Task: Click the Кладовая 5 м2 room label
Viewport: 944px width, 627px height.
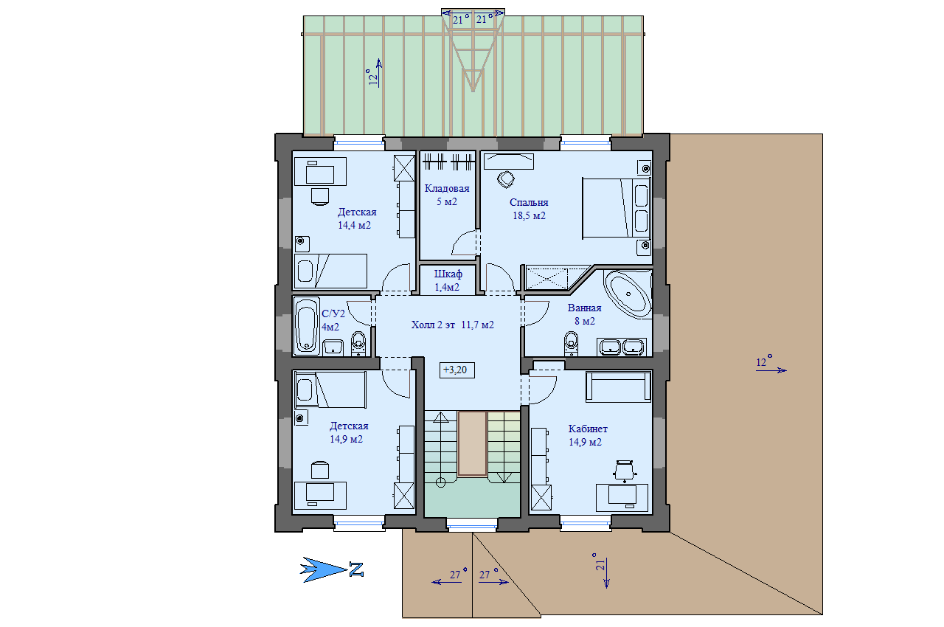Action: pyautogui.click(x=447, y=195)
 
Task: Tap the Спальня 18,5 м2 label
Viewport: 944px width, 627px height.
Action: pyautogui.click(x=529, y=209)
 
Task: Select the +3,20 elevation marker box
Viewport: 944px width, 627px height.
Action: pyautogui.click(x=457, y=370)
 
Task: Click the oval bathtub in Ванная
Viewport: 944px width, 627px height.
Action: pyautogui.click(x=628, y=294)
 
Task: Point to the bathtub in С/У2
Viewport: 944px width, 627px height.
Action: pyautogui.click(x=306, y=326)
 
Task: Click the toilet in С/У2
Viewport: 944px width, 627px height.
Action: pyautogui.click(x=358, y=343)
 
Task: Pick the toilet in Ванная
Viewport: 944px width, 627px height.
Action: pyautogui.click(x=571, y=343)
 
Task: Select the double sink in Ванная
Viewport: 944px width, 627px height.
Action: pyautogui.click(x=622, y=347)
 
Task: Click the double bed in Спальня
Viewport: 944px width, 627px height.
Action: pyautogui.click(x=617, y=208)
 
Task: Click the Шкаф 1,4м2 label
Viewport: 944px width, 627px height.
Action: pyautogui.click(x=448, y=280)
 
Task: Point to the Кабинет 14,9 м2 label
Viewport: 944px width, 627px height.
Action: pyautogui.click(x=588, y=435)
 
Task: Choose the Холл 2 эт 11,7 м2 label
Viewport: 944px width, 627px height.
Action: pyautogui.click(x=453, y=325)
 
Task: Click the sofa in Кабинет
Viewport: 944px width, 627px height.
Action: pyautogui.click(x=618, y=387)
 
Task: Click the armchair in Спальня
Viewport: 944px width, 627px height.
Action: pyautogui.click(x=506, y=179)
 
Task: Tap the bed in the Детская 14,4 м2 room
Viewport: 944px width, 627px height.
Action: pyautogui.click(x=330, y=271)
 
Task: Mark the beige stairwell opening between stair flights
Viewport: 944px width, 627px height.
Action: pyautogui.click(x=472, y=444)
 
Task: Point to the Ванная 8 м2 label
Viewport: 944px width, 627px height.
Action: pyautogui.click(x=585, y=314)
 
